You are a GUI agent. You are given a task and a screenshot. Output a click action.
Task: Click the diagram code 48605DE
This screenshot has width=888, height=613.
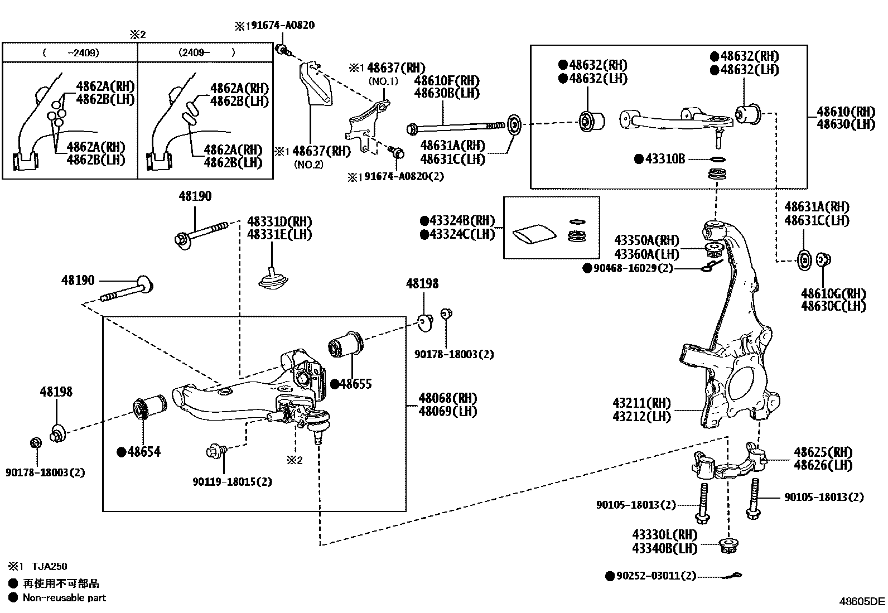tap(862, 601)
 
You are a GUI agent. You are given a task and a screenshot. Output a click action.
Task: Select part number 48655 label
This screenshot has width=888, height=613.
tap(355, 384)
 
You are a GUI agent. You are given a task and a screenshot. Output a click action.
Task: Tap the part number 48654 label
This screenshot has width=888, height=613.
tap(143, 451)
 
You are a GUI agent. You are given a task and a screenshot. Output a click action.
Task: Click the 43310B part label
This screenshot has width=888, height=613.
tap(664, 159)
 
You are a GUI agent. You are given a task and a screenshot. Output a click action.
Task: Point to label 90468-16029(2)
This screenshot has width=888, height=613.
tap(633, 268)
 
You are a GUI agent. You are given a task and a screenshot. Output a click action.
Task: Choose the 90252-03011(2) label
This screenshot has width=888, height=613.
tap(655, 576)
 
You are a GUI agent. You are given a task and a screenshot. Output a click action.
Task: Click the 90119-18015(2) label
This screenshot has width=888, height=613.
tap(232, 481)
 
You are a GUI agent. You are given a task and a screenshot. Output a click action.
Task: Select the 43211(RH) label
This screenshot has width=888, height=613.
tap(642, 403)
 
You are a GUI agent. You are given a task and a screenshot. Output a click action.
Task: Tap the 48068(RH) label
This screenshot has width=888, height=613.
tap(448, 398)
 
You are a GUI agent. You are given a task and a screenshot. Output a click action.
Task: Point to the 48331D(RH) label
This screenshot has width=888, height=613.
tap(279, 221)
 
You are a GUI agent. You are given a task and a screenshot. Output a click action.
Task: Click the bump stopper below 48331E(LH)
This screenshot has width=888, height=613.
tap(272, 279)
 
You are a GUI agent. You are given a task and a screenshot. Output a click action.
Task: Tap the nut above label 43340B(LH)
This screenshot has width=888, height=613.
tap(727, 546)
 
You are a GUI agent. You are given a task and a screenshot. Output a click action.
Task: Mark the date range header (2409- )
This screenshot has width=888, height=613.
tap(206, 53)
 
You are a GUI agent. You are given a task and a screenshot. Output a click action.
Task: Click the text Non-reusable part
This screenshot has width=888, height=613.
tap(64, 598)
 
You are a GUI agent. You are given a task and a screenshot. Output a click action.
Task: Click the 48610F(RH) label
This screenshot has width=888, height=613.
tap(446, 81)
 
